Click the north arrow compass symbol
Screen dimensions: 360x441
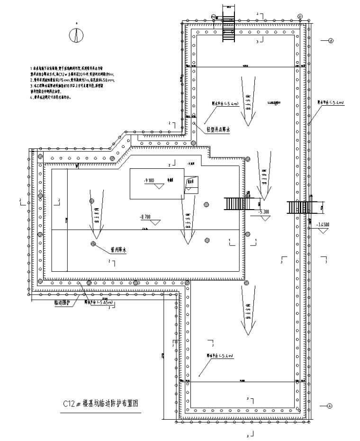[76, 35]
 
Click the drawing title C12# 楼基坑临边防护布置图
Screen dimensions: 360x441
[103, 404]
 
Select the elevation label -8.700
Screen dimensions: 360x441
[145, 217]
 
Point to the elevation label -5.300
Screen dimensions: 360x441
[264, 211]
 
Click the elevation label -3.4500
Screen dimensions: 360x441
[324, 224]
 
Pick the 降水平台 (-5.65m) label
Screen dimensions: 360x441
[99, 302]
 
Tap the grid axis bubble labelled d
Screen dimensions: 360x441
[330, 41]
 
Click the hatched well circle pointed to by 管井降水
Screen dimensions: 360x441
[94, 244]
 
